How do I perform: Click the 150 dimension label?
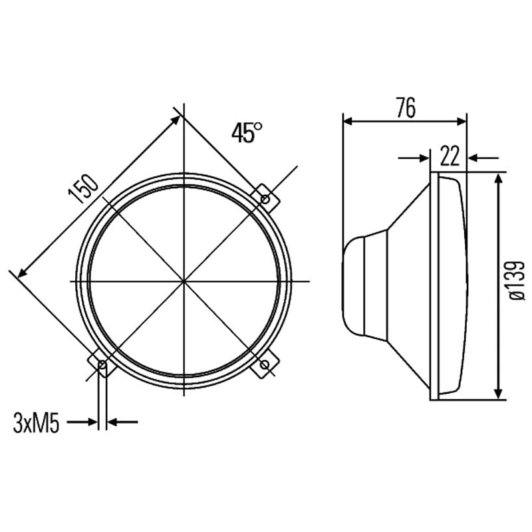pyautogui.click(x=83, y=189)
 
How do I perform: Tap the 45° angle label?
pyautogui.click(x=247, y=132)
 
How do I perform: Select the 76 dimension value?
pyautogui.click(x=406, y=108)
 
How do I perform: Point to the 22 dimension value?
pyautogui.click(x=450, y=156)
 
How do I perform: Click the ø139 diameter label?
pyautogui.click(x=517, y=280)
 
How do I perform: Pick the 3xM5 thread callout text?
pyautogui.click(x=36, y=423)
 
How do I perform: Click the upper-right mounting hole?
pyautogui.click(x=265, y=199)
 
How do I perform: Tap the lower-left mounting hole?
pyautogui.click(x=102, y=365)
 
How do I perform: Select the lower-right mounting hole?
pyautogui.click(x=265, y=365)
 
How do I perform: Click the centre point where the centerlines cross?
pyautogui.click(x=184, y=281)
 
